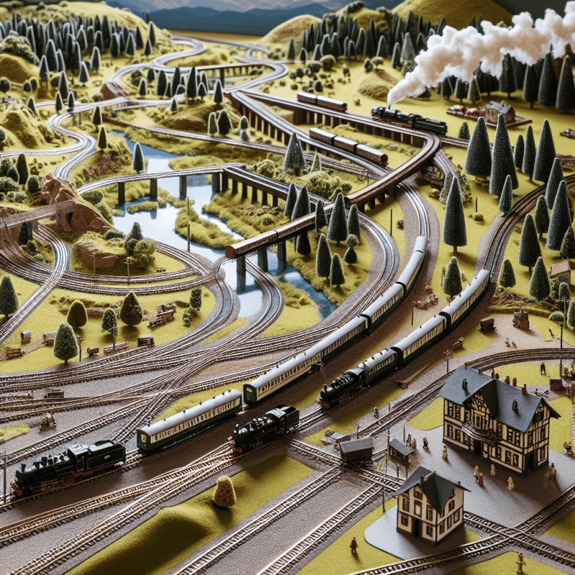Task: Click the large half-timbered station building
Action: (496, 420)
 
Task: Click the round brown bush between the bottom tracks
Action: (224, 492)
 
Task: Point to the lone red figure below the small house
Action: (353, 545)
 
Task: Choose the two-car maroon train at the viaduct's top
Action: (321, 101)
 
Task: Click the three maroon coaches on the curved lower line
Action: (349, 146)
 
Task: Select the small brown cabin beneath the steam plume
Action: (499, 111)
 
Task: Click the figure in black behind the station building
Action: (543, 367)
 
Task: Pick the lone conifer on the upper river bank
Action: (137, 157)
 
